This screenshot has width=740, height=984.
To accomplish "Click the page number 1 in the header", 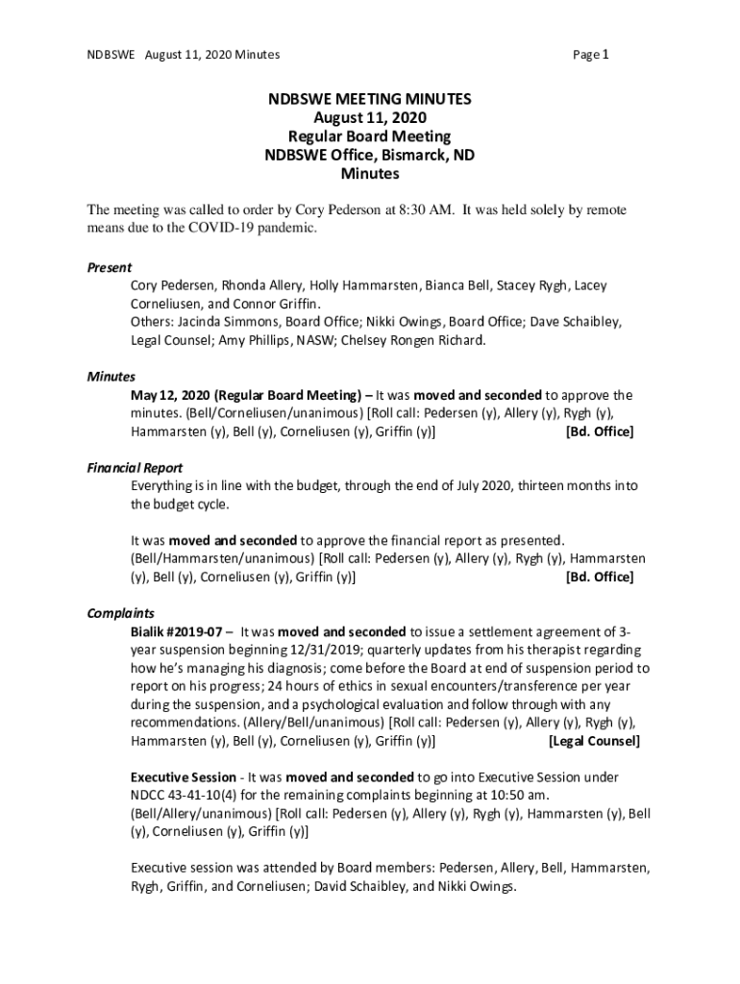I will (x=606, y=55).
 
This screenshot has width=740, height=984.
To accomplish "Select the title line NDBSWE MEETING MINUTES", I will (x=370, y=99).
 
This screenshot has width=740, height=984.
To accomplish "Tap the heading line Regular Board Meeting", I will (x=370, y=136).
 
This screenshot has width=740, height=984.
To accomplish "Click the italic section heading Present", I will (x=109, y=267).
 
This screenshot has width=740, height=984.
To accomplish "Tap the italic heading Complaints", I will (x=120, y=613).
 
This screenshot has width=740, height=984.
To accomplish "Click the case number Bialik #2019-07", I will (x=177, y=632).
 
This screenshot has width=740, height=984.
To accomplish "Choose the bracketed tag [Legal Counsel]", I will (x=593, y=742).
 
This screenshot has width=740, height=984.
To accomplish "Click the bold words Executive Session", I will (x=183, y=776).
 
